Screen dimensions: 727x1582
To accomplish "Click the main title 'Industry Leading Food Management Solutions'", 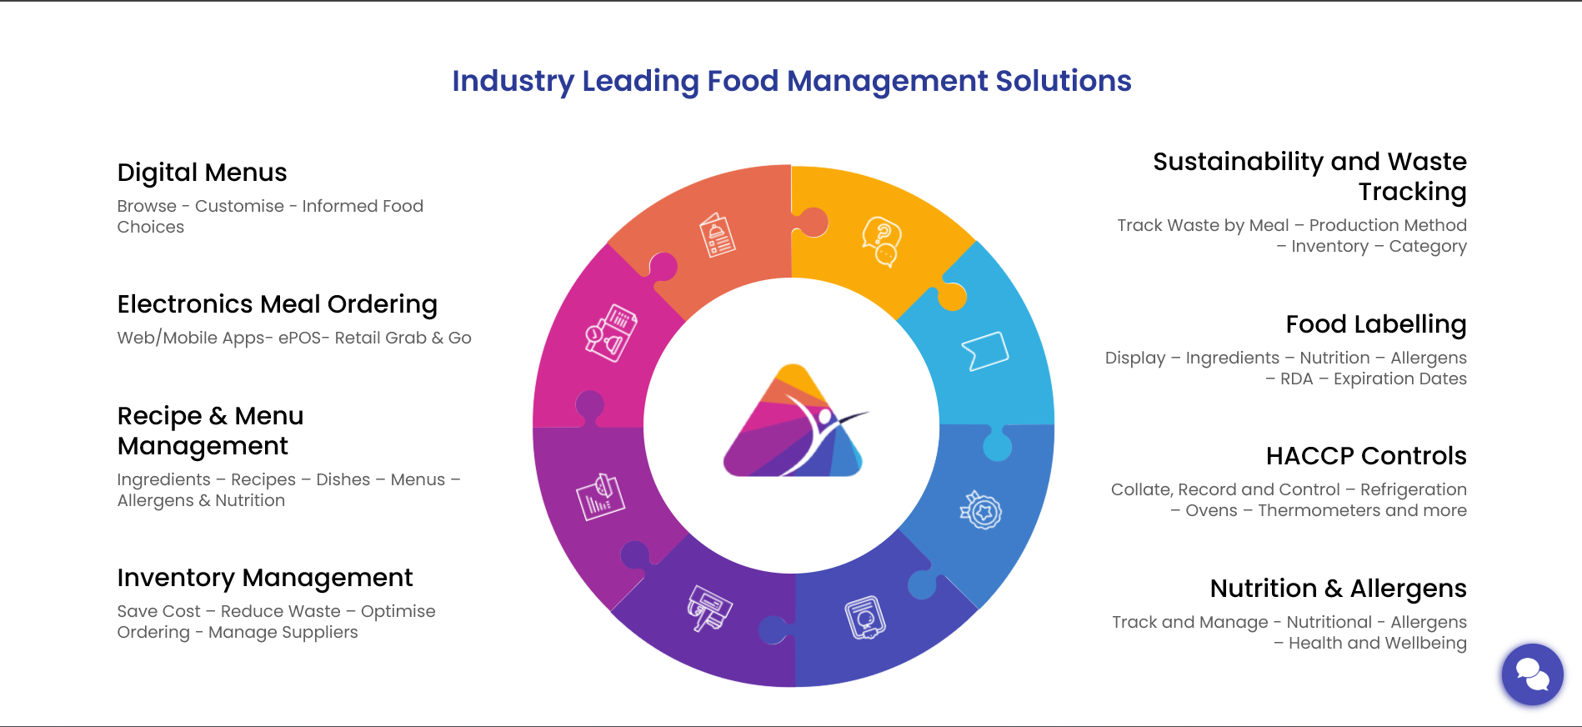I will tap(791, 81).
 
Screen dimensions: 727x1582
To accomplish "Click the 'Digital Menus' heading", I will tap(202, 173).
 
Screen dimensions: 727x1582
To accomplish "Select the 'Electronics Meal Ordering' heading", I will tap(277, 304).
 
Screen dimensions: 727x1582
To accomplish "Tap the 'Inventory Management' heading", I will tap(264, 578).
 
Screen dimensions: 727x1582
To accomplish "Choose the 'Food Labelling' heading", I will tap(1375, 324).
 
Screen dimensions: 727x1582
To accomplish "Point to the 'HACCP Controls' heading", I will tap(1365, 456).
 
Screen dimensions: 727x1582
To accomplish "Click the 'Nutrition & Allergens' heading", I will tap(1338, 589).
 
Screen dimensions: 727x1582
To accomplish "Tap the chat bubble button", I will tap(1531, 674).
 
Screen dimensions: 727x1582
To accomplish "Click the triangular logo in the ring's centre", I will tap(793, 424).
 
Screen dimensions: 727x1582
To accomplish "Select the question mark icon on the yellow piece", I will tap(882, 241).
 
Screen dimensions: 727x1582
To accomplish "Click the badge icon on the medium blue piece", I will tap(981, 510).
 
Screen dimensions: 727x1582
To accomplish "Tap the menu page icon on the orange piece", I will tap(717, 236).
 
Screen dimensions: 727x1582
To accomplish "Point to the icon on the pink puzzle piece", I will tap(611, 333).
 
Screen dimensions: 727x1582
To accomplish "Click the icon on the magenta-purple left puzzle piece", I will tap(600, 497).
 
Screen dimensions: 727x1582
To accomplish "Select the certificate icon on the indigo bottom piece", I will tap(864, 618).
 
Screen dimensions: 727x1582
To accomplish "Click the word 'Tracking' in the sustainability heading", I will tap(1412, 192).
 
